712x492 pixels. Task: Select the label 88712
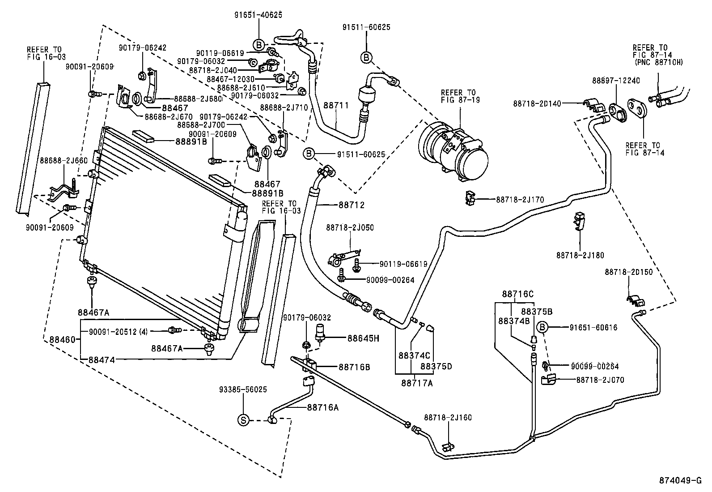click(x=351, y=205)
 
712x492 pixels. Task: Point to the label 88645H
click(x=363, y=338)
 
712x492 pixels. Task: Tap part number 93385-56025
click(x=243, y=389)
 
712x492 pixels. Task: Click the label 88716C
click(x=517, y=294)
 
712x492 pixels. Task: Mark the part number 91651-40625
click(x=258, y=15)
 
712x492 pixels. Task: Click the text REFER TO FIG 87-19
click(x=460, y=96)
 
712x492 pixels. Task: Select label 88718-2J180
click(x=580, y=255)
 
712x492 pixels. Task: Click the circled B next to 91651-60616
click(x=542, y=328)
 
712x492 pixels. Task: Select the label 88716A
click(x=322, y=407)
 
